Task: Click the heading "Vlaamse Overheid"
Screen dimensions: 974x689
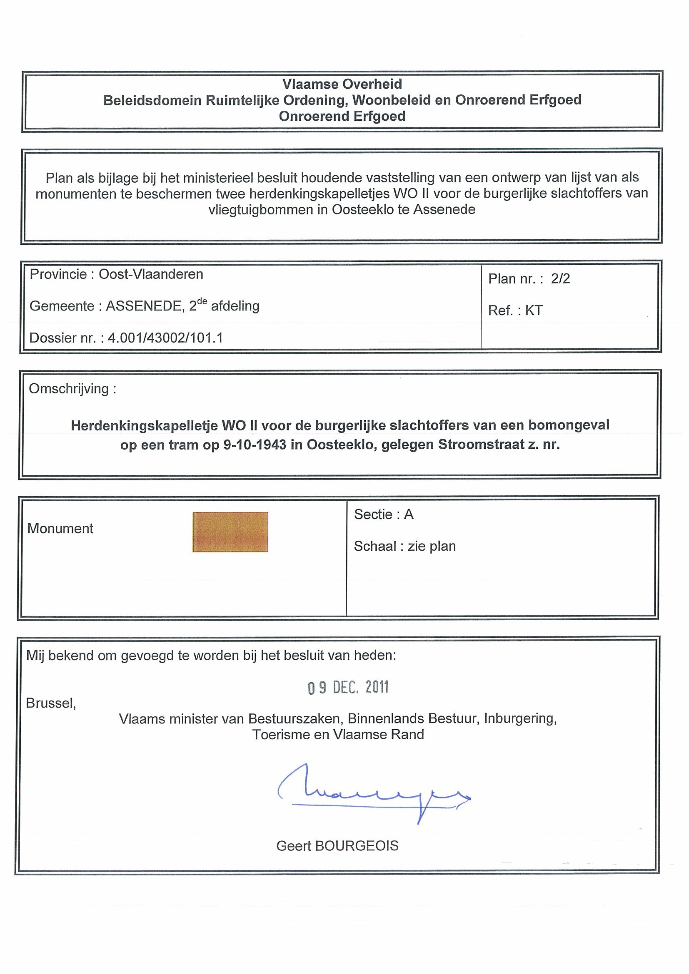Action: (342, 84)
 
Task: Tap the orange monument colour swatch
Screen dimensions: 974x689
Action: (230, 532)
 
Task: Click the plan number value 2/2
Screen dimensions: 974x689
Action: (560, 279)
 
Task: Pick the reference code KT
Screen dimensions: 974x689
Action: (534, 311)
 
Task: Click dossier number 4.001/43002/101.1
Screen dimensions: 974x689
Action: (165, 338)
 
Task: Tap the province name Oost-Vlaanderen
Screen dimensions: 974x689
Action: (151, 274)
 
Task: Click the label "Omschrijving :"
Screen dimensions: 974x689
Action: (72, 389)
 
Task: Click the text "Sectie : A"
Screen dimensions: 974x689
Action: (383, 514)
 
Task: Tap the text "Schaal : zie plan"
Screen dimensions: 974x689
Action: (404, 547)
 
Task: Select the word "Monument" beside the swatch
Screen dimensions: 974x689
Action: (60, 529)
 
